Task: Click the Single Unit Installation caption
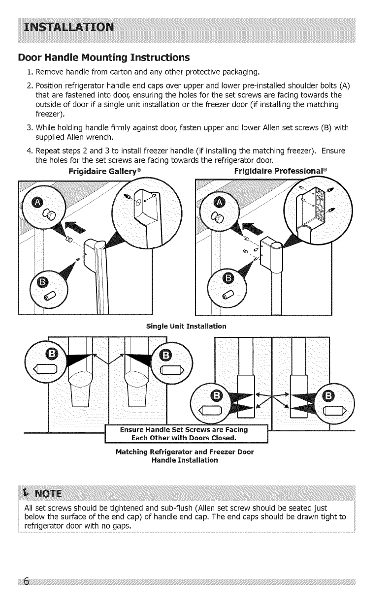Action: (x=186, y=326)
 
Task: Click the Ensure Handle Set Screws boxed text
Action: (x=186, y=434)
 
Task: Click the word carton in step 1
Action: (x=127, y=74)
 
